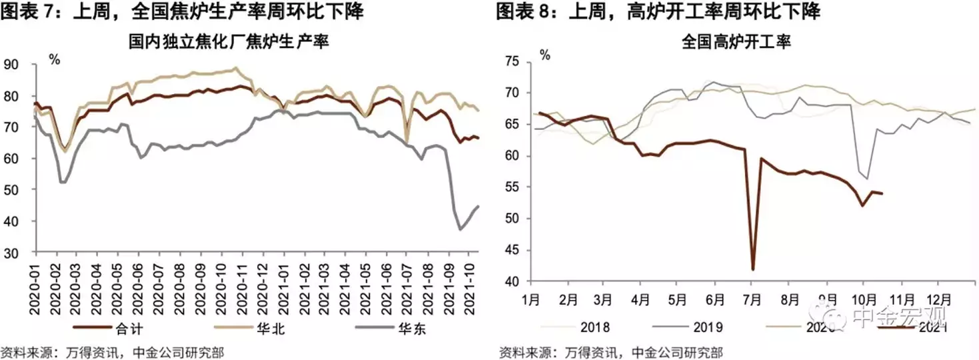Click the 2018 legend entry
594,327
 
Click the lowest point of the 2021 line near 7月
753,269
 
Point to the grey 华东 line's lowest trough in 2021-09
460,229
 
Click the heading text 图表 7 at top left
24,11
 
